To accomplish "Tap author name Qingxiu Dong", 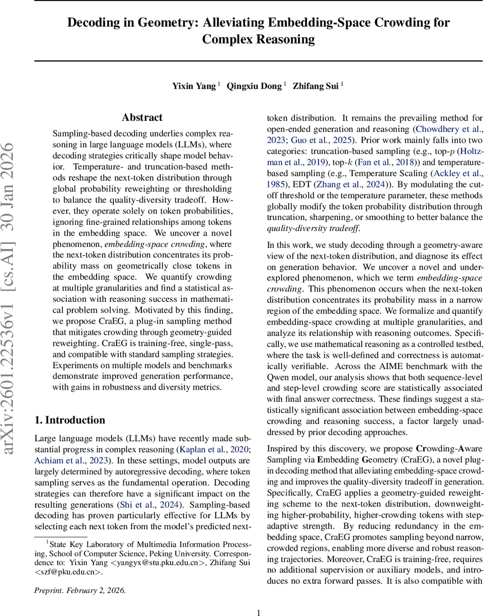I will tap(255, 86).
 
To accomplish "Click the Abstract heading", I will tap(142, 118).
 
